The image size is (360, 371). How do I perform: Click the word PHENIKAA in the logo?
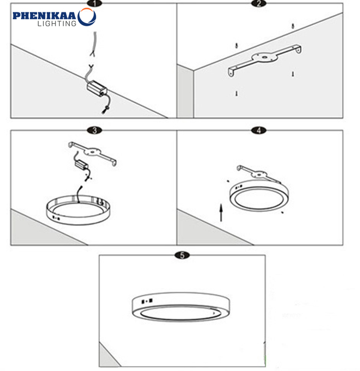click(44, 16)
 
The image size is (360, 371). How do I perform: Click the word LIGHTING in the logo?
click(57, 24)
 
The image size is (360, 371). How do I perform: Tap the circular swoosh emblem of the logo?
click(87, 17)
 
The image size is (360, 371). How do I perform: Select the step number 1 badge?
click(95, 3)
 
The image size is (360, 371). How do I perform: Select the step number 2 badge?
click(259, 3)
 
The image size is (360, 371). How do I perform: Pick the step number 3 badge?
click(95, 130)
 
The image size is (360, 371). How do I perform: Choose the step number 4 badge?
click(259, 130)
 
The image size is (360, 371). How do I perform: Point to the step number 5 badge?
click(182, 255)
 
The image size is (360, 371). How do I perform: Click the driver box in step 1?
click(97, 89)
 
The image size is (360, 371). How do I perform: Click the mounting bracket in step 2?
click(264, 60)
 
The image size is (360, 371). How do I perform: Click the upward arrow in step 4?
click(221, 213)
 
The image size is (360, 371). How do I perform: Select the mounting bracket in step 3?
click(93, 153)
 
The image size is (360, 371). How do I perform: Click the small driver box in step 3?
click(81, 164)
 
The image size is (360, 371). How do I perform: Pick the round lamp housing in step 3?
click(78, 209)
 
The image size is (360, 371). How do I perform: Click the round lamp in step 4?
click(259, 196)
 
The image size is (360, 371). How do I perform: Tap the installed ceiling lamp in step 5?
click(181, 307)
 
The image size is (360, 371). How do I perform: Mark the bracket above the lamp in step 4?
click(259, 174)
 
